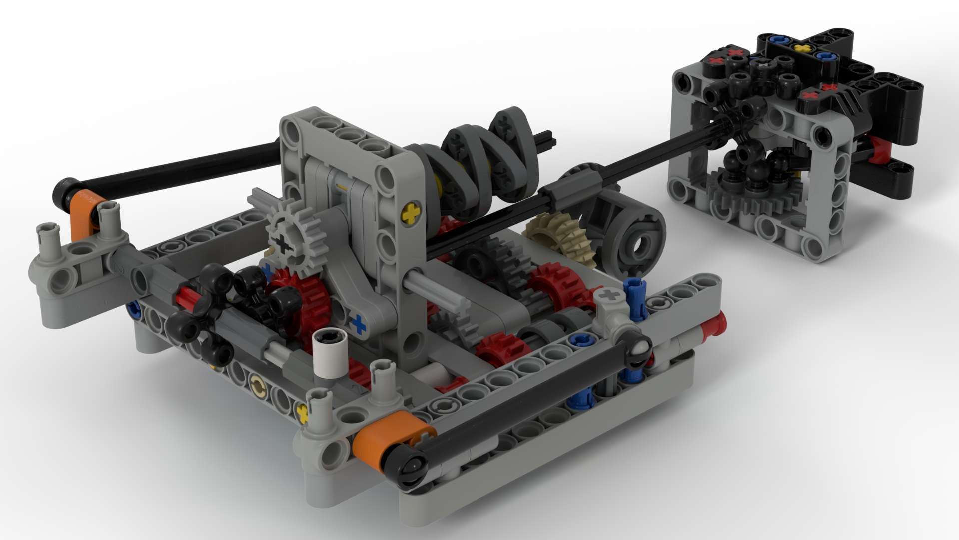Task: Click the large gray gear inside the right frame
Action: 749,200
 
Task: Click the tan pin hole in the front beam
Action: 258,385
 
